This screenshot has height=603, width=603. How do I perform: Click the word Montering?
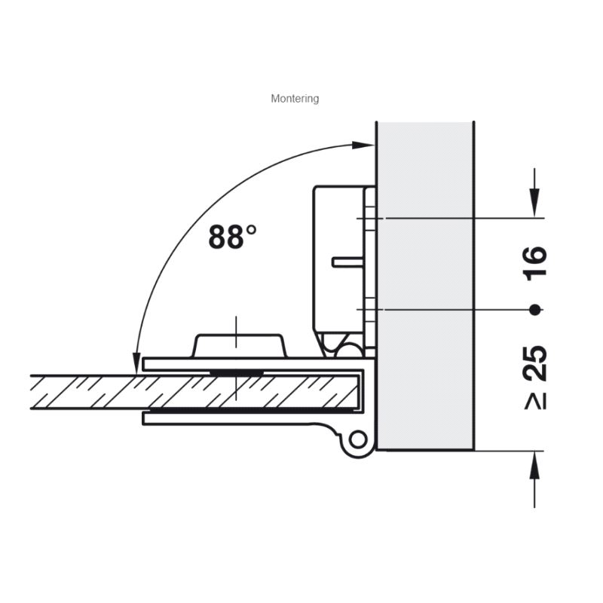click(x=295, y=99)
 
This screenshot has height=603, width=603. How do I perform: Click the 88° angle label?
click(x=232, y=236)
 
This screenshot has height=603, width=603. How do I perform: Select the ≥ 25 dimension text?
click(x=536, y=378)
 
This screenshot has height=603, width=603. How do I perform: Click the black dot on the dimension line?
click(x=534, y=310)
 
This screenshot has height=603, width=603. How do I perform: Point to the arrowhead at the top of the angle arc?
click(x=363, y=145)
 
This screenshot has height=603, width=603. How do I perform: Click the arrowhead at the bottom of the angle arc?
click(x=136, y=363)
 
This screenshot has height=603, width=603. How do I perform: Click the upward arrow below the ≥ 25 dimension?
click(x=534, y=479)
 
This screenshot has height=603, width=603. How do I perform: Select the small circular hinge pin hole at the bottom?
click(x=359, y=439)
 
